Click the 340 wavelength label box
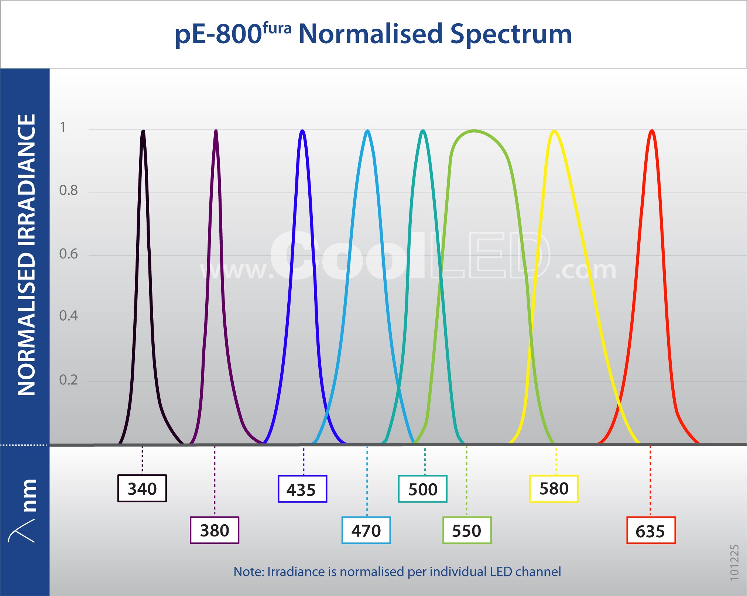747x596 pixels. tap(142, 488)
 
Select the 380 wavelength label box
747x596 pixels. tap(215, 530)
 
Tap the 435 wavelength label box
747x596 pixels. tap(302, 489)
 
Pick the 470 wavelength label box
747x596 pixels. tap(366, 530)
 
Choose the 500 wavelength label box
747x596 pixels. tap(422, 489)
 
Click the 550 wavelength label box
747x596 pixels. tap(467, 530)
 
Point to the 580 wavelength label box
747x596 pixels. tap(554, 488)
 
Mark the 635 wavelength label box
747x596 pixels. tap(651, 530)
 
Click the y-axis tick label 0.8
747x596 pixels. tap(69, 190)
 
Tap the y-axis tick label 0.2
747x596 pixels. tap(69, 380)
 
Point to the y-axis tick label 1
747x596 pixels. tap(63, 127)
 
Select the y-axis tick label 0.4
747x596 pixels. tap(69, 316)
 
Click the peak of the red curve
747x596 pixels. tap(652, 131)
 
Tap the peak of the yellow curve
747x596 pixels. tap(554, 131)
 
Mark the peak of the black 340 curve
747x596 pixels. tap(143, 131)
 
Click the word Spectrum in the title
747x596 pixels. tap(511, 34)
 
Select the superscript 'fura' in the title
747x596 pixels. tap(277, 28)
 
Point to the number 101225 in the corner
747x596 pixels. tap(734, 562)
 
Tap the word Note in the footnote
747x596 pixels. tap(249, 572)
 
